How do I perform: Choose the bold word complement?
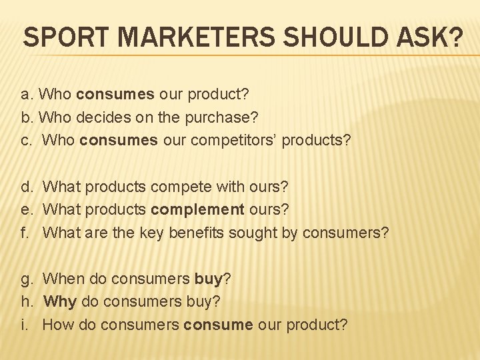(x=197, y=209)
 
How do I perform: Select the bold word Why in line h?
(x=60, y=301)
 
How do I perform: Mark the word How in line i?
(x=58, y=325)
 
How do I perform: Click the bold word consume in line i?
(x=218, y=325)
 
